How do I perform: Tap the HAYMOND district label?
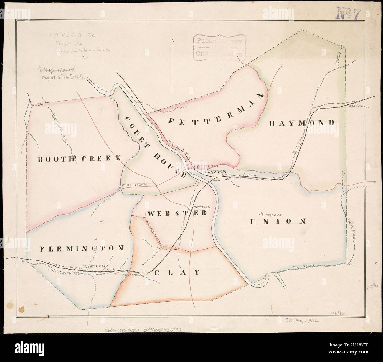tap(302, 123)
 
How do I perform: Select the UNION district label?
tap(279, 221)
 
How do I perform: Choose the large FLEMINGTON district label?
tap(82, 248)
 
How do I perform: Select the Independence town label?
tap(359, 107)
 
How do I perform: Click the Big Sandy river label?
tap(304, 266)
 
